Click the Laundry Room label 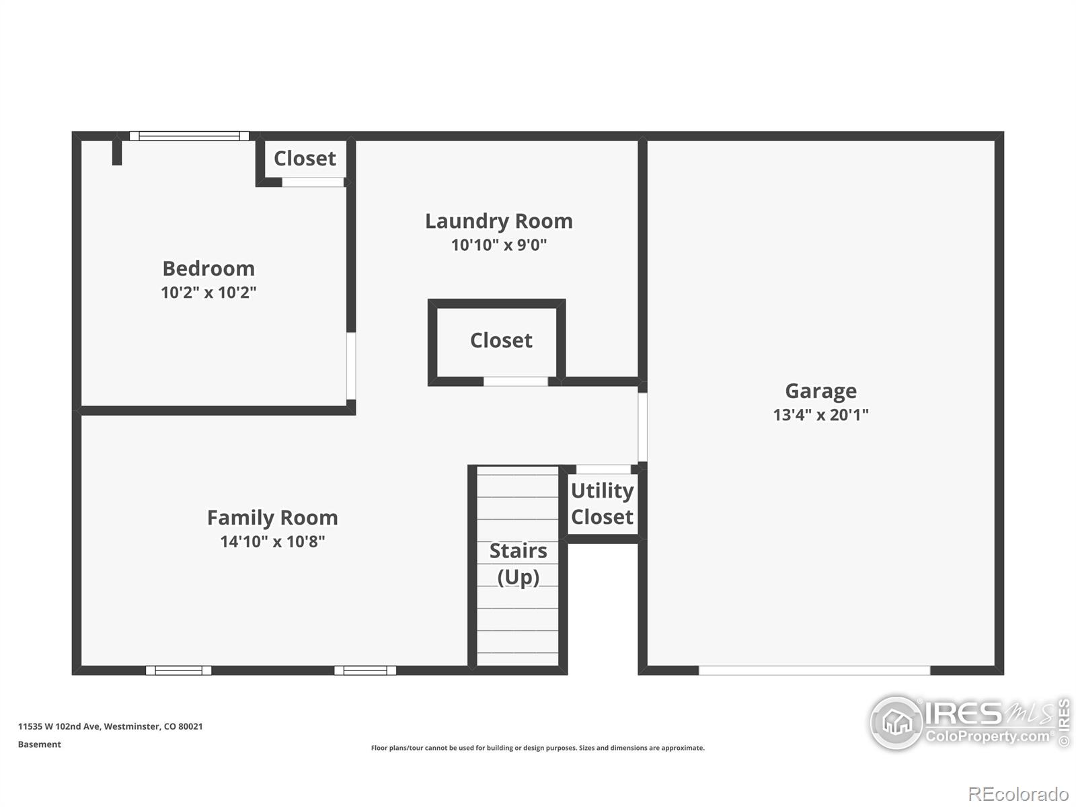coord(498,221)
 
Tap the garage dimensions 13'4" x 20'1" coord(820,415)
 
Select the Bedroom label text coord(208,268)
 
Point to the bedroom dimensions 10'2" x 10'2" coord(208,293)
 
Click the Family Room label coord(272,517)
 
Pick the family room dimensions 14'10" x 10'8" coord(272,541)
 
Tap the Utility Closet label coord(602,504)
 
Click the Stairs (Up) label coord(518,564)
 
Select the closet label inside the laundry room coord(501,340)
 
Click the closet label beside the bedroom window coord(305,158)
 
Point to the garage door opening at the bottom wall coord(814,670)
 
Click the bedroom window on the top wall coord(189,136)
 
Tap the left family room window coord(178,670)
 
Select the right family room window coord(365,670)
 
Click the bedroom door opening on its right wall coord(351,366)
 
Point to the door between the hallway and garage coord(642,427)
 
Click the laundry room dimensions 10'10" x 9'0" coord(498,245)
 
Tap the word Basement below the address coord(40,744)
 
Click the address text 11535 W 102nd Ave coord(59,726)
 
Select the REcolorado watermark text coord(1018,794)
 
